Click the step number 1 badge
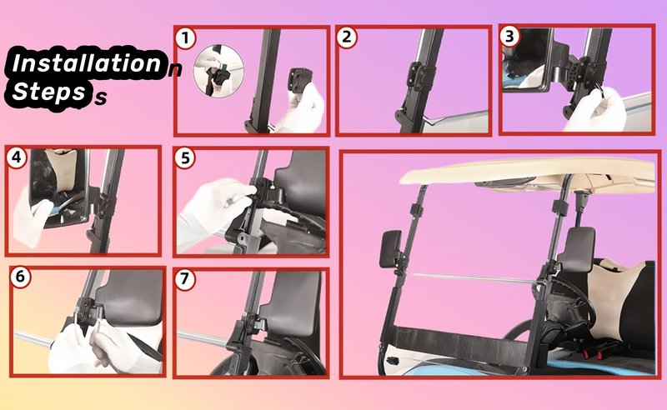pyautogui.click(x=185, y=38)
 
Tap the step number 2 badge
pyautogui.click(x=347, y=37)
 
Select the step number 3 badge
pyautogui.click(x=509, y=37)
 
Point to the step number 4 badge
pyautogui.click(x=17, y=157)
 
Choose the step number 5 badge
pyautogui.click(x=185, y=158)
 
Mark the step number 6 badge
pyautogui.click(x=20, y=277)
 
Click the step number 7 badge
pyautogui.click(x=184, y=279)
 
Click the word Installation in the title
pyautogui.click(x=87, y=63)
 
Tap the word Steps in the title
pyautogui.click(x=49, y=92)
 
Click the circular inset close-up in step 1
pyautogui.click(x=218, y=72)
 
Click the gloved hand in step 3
pyautogui.click(x=595, y=110)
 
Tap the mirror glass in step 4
pyautogui.click(x=58, y=188)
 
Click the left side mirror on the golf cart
pyautogui.click(x=391, y=249)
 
